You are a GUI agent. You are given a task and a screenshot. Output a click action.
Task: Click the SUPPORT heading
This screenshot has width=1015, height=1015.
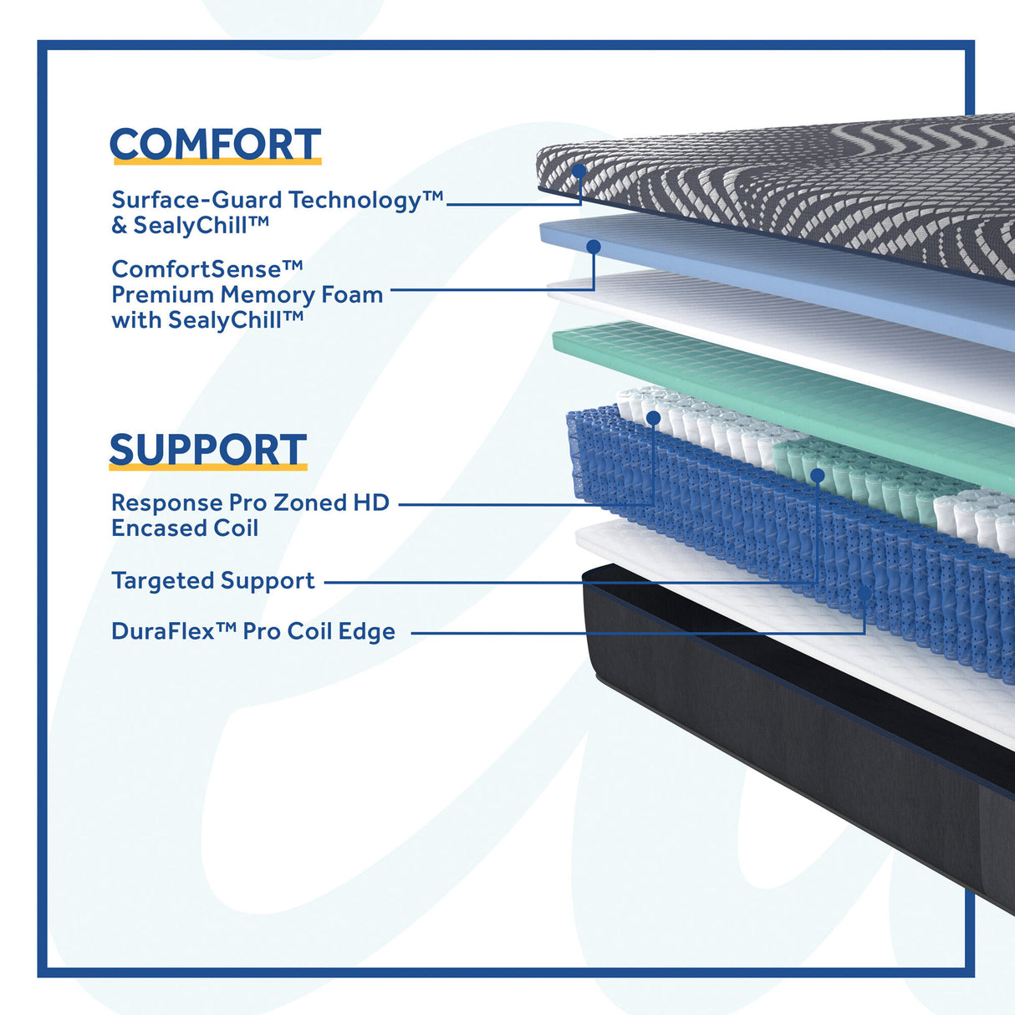pos(207,449)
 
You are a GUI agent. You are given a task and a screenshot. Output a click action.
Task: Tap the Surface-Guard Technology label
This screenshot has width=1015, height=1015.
pos(276,200)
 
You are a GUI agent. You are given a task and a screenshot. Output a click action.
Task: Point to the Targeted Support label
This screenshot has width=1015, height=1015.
pos(213,580)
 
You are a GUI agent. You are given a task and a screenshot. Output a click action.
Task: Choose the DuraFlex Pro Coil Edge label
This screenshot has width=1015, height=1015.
pos(252,631)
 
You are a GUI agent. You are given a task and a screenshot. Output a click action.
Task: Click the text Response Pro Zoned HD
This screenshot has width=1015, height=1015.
pos(250,502)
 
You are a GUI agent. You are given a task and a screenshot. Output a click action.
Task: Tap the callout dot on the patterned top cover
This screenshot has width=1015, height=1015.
pos(579,171)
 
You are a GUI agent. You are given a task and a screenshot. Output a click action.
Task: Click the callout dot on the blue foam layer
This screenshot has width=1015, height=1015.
pos(594,247)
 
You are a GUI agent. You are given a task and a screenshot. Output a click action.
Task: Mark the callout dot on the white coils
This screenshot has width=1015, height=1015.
pos(653,417)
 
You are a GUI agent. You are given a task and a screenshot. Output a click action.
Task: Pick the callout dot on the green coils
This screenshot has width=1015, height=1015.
pos(817,476)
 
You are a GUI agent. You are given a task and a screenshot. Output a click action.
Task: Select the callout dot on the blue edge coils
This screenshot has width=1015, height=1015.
pos(865,593)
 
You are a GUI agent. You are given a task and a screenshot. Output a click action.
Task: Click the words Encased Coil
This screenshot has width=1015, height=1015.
pos(185,528)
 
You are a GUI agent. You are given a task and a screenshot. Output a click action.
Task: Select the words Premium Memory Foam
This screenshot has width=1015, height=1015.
pos(247,294)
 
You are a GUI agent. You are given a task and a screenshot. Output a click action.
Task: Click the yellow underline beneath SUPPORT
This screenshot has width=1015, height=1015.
pos(207,467)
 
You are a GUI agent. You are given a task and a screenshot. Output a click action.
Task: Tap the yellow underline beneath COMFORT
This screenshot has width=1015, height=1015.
pos(215,161)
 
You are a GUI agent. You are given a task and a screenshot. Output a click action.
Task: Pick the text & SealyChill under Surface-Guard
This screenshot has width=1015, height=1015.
pos(190,225)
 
